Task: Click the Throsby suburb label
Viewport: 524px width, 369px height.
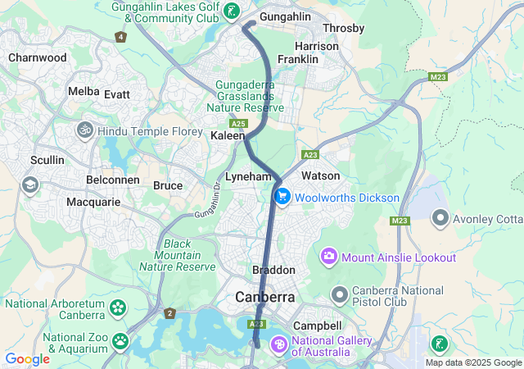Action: click(344, 28)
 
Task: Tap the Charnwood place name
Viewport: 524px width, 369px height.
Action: click(37, 58)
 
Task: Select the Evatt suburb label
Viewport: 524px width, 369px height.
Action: click(117, 94)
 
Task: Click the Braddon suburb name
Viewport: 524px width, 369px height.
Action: click(273, 270)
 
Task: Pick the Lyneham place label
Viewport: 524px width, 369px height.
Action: click(248, 177)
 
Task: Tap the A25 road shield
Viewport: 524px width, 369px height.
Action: click(238, 123)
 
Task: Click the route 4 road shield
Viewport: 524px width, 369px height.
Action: click(121, 37)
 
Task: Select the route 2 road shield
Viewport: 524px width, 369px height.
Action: click(169, 313)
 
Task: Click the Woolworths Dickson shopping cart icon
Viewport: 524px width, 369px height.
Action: click(282, 197)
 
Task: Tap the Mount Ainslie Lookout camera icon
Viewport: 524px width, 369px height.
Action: click(330, 257)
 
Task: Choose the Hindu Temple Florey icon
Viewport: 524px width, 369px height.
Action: click(85, 130)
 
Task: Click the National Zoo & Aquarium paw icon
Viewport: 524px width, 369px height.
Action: click(121, 339)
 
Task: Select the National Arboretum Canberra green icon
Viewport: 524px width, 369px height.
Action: click(119, 309)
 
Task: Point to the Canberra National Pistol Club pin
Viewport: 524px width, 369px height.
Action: click(340, 294)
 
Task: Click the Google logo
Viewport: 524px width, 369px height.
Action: click(27, 359)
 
